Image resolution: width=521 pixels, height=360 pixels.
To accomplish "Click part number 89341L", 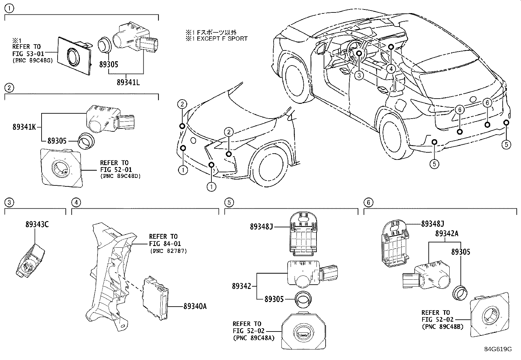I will [128, 83].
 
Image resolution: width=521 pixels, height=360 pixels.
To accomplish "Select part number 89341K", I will [24, 127].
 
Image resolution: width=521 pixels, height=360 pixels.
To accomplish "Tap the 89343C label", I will [37, 224].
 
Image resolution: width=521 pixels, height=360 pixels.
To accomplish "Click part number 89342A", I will [447, 234].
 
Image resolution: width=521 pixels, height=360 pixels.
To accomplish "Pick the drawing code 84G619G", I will [498, 349].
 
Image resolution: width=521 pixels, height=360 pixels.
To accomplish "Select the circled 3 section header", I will [9, 202].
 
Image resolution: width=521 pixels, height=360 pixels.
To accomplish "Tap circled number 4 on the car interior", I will [391, 68].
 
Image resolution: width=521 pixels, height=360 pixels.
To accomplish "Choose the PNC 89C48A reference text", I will [254, 338].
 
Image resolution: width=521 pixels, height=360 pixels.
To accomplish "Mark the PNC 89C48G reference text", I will [32, 60].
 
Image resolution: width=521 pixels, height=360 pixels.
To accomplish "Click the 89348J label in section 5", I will [261, 226].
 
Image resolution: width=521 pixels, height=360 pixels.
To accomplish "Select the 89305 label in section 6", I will [460, 252].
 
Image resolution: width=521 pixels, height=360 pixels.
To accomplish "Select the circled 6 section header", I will [368, 202].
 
